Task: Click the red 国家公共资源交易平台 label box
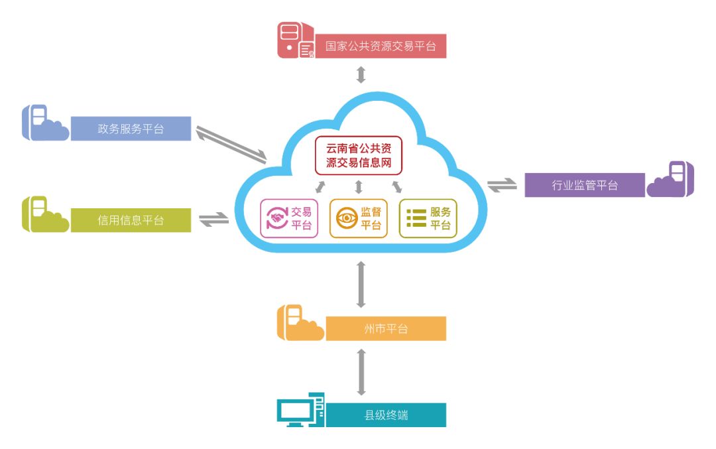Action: [381, 46]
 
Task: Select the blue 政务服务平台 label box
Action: [131, 129]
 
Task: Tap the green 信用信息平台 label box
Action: [131, 220]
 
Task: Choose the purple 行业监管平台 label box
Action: [585, 185]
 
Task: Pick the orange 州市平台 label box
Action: [386, 328]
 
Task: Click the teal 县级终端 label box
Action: [386, 415]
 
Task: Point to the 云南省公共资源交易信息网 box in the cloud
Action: [359, 155]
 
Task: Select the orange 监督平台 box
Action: [359, 218]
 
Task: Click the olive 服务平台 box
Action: [428, 218]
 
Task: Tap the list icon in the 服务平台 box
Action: [416, 219]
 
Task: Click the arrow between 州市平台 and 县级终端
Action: [361, 372]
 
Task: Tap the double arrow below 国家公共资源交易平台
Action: [361, 74]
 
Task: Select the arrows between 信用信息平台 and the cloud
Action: [213, 219]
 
